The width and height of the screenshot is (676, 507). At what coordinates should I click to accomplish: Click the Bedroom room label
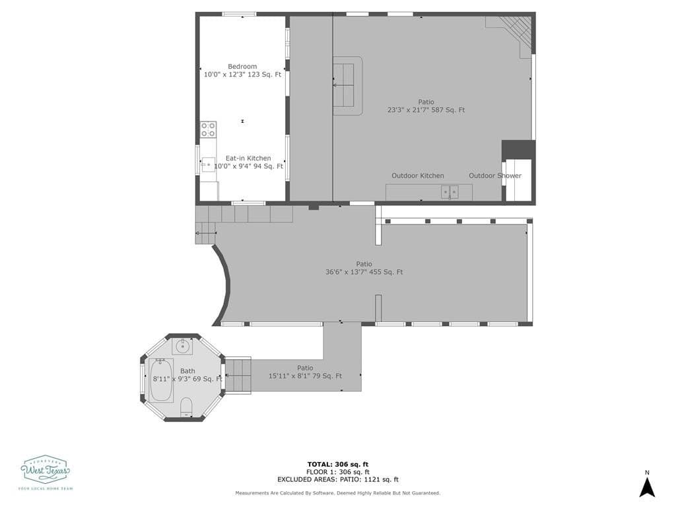(242, 67)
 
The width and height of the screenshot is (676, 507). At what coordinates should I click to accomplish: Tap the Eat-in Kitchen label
(248, 158)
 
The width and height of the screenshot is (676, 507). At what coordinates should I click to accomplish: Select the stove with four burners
(208, 129)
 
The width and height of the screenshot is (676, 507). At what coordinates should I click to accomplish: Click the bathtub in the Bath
(160, 380)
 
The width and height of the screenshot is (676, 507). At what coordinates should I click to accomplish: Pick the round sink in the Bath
(183, 347)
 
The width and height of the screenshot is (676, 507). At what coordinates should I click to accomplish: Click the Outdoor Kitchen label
(417, 176)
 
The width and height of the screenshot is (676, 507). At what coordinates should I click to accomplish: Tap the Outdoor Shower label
(494, 176)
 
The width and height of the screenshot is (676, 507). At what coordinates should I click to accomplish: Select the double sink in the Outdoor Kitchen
(450, 192)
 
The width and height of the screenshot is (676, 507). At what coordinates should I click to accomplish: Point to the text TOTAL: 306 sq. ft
(338, 464)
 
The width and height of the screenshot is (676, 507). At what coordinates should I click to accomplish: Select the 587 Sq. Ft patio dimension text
(426, 110)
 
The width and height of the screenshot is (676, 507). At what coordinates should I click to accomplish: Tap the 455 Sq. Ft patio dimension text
(364, 272)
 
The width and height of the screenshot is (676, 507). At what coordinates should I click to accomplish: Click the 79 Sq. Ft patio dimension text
(305, 376)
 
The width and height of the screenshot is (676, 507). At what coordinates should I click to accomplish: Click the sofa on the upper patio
(346, 86)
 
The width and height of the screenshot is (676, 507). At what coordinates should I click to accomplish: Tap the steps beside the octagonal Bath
(238, 375)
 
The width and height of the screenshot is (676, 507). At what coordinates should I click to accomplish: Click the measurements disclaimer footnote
(338, 493)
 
